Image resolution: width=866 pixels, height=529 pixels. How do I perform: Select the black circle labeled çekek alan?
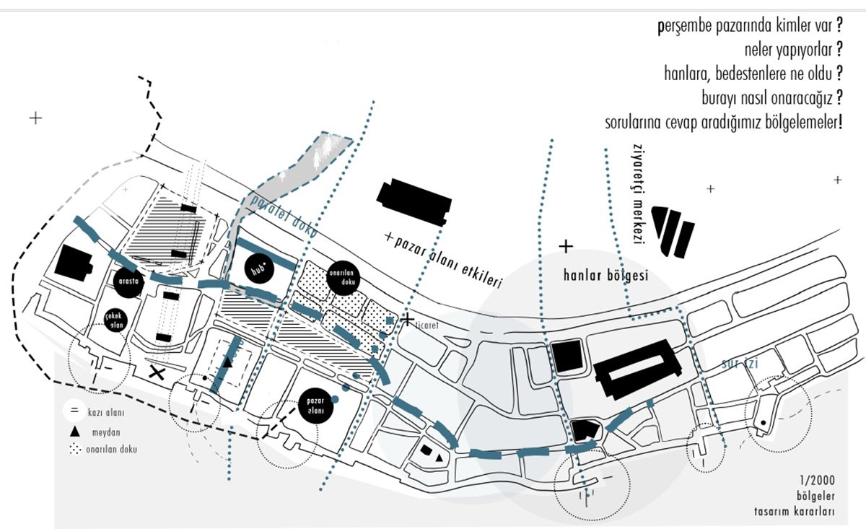(121, 319)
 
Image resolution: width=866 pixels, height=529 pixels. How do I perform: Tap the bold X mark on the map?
(156, 372)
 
